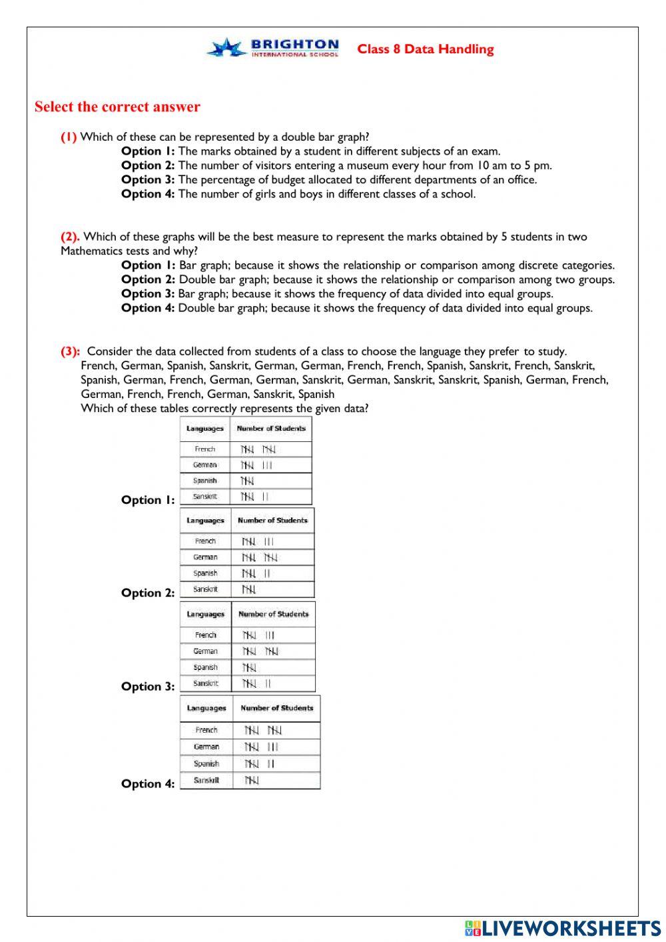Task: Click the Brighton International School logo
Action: point(273,48)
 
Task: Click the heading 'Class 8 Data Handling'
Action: point(426,49)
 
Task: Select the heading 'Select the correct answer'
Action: point(117,107)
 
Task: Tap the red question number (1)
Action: point(69,137)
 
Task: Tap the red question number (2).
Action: point(70,237)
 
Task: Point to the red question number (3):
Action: point(71,351)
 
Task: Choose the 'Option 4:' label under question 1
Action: point(148,194)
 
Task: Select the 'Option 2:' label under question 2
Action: point(148,279)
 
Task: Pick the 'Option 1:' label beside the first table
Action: point(148,500)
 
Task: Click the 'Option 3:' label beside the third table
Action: point(148,687)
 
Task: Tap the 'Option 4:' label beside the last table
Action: point(148,784)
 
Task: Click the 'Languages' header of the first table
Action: point(204,429)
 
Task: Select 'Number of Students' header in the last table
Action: point(276,708)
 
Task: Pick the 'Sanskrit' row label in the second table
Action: point(205,589)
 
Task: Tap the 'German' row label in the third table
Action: point(205,651)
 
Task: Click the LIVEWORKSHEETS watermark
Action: point(563,928)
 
